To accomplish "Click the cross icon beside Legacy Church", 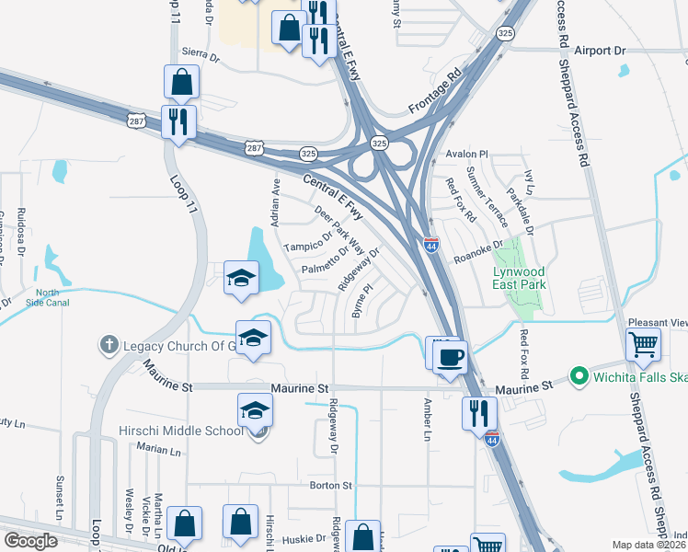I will (x=108, y=346).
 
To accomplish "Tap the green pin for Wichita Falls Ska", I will (x=579, y=375).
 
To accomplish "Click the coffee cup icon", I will (x=449, y=356).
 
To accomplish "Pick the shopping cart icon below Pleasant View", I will (x=644, y=345).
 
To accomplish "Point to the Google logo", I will (x=29, y=541).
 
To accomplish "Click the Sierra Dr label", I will (x=201, y=55).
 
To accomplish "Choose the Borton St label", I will (x=331, y=485).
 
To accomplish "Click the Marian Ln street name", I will (x=158, y=450).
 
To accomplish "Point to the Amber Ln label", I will (x=427, y=420).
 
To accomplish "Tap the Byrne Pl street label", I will (x=361, y=302).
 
